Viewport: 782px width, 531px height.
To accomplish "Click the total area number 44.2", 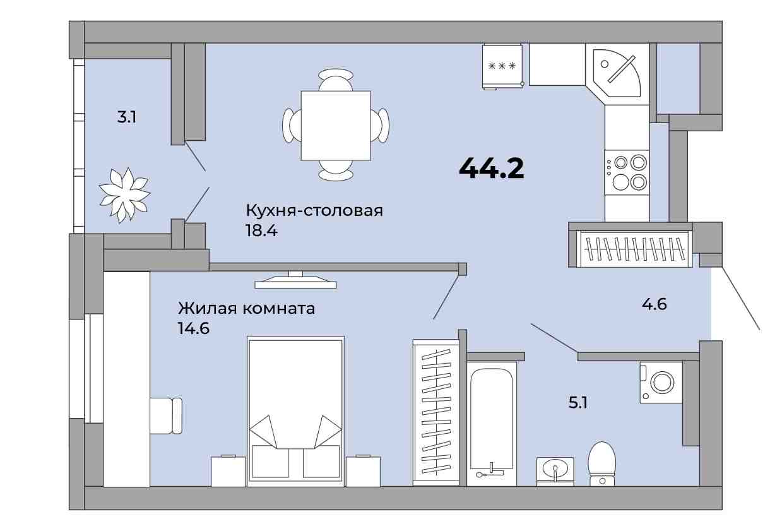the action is pyautogui.click(x=492, y=168).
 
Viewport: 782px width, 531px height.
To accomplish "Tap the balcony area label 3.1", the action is pyautogui.click(x=127, y=117).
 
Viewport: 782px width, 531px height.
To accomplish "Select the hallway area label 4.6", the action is pyautogui.click(x=655, y=304).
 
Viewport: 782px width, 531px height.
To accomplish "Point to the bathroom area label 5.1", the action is pyautogui.click(x=578, y=402).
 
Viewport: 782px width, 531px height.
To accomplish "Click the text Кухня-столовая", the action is pyautogui.click(x=314, y=211).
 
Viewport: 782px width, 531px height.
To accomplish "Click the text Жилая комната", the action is pyautogui.click(x=247, y=309).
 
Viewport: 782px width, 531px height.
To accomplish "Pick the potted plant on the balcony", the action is pyautogui.click(x=124, y=195).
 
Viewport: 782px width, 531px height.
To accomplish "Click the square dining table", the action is pyautogui.click(x=336, y=126).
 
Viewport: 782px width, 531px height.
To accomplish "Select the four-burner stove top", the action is pyautogui.click(x=627, y=172).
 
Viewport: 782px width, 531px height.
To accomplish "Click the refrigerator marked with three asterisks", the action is pyautogui.click(x=502, y=66).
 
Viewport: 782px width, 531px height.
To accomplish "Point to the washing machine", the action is pyautogui.click(x=661, y=383).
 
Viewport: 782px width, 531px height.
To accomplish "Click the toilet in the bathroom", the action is pyautogui.click(x=602, y=464).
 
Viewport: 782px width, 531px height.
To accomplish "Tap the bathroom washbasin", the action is pyautogui.click(x=555, y=471).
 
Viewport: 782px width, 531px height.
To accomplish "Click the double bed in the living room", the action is pyautogui.click(x=295, y=412).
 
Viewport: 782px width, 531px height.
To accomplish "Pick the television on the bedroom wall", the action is pyautogui.click(x=295, y=280).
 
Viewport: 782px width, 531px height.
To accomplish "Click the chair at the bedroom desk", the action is pyautogui.click(x=166, y=415).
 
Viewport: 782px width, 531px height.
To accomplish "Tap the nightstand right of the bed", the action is pyautogui.click(x=363, y=471).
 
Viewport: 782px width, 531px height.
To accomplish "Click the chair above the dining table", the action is pyautogui.click(x=336, y=80).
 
